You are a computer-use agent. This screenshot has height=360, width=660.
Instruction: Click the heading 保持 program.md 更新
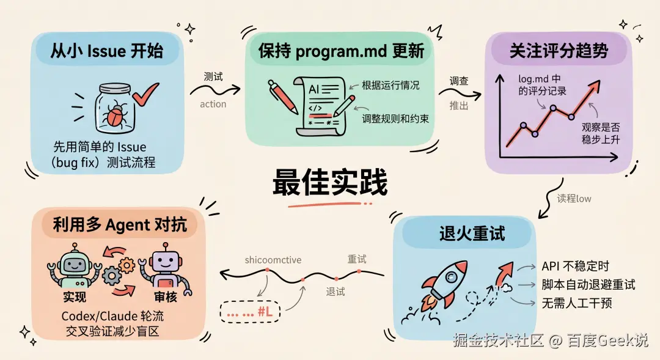pyautogui.click(x=341, y=51)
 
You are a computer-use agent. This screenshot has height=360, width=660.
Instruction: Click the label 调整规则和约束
pyautogui.click(x=395, y=119)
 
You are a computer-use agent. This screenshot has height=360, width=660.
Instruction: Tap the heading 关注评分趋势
pyautogui.click(x=559, y=51)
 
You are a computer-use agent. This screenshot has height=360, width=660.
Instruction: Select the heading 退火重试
pyautogui.click(x=472, y=233)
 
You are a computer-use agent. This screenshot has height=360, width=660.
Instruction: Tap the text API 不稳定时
pyautogui.click(x=575, y=266)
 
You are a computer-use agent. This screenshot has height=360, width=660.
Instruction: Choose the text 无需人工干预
pyautogui.click(x=576, y=303)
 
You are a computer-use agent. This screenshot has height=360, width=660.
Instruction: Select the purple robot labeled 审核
pyautogui.click(x=164, y=269)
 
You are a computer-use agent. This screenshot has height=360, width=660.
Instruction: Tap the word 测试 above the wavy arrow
pyautogui.click(x=213, y=77)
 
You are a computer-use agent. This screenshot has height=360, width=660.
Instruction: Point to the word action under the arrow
pyautogui.click(x=213, y=104)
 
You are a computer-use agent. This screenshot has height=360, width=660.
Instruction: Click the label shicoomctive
pyautogui.click(x=273, y=260)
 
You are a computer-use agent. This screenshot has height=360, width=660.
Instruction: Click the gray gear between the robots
pyautogui.click(x=112, y=276)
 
